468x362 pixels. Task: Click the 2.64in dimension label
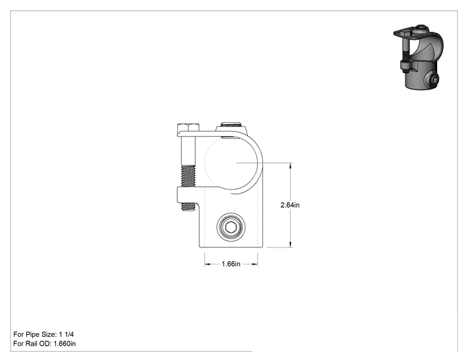pos(290,205)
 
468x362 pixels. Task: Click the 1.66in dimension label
pos(231,264)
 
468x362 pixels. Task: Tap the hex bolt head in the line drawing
pos(188,128)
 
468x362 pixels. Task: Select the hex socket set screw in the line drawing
pos(231,228)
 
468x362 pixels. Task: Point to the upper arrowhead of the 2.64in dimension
pos(291,166)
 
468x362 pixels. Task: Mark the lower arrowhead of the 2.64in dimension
pos(291,244)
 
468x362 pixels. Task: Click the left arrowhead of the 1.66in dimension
pos(208,264)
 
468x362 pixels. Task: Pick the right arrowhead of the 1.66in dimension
pos(254,264)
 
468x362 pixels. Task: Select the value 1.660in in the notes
pos(64,344)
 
